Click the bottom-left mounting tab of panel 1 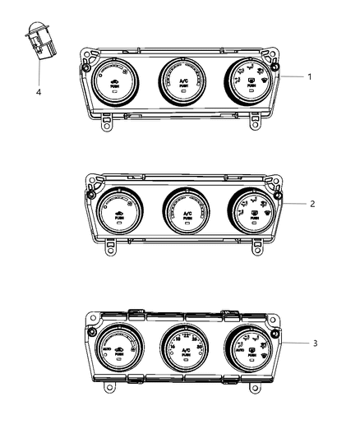pos(108,124)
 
